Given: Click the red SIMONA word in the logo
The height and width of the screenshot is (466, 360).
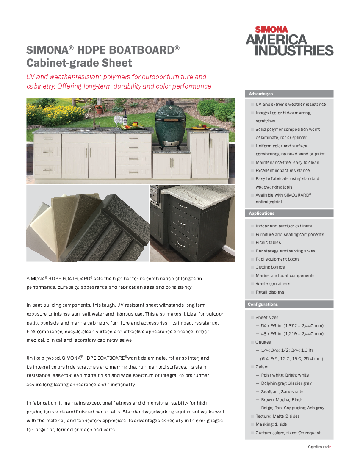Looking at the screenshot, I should pos(271,30).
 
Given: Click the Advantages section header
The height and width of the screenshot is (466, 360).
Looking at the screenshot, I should pos(261,94).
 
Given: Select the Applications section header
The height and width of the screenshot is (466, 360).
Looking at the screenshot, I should pos(262,214).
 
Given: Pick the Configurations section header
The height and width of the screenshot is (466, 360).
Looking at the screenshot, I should pos(263,305).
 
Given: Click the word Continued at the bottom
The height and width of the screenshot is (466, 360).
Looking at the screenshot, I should pos(318,447).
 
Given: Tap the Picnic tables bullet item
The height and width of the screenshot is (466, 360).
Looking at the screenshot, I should pos(268,243).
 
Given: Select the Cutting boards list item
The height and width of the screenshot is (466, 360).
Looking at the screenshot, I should pos(270,267).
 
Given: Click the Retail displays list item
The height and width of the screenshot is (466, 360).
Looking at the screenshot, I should pos(270,292).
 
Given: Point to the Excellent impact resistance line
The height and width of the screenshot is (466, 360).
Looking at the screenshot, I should pos(282,171).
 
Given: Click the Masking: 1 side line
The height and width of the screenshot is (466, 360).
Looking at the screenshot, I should pos(271,424).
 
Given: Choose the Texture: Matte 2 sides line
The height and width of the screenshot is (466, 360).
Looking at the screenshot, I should pos(277,416).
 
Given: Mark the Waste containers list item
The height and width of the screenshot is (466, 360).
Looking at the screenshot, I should pos(273,284).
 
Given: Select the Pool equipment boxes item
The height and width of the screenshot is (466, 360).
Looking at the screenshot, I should pos(277,259).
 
